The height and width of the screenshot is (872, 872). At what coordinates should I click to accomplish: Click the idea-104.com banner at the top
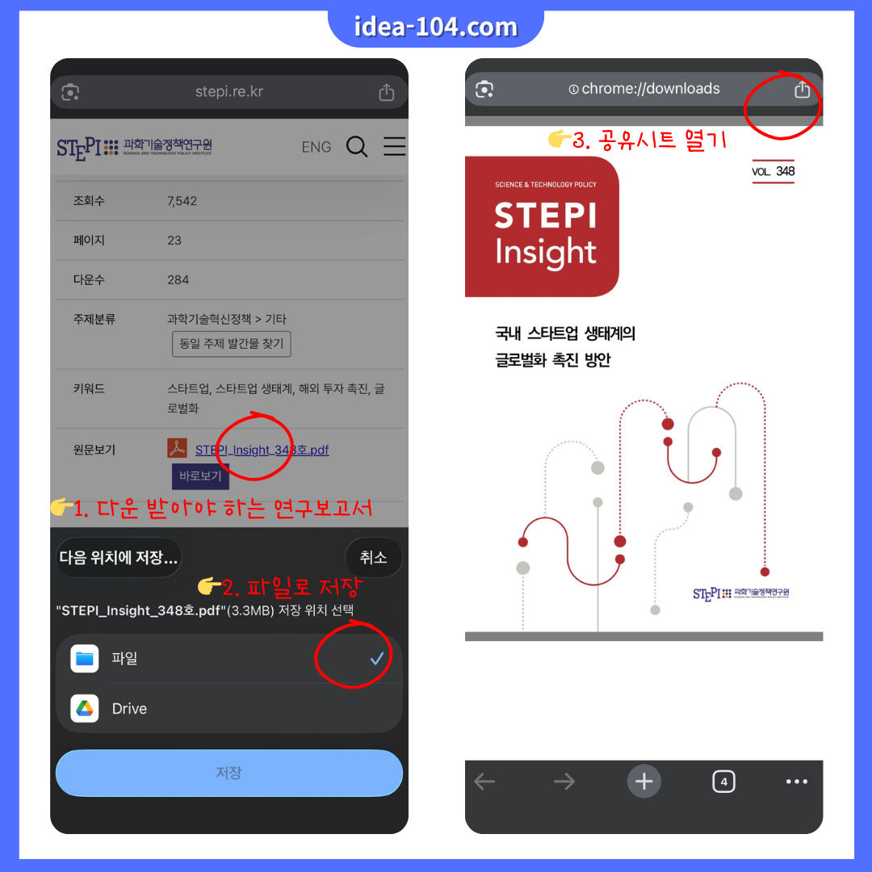[x=436, y=27]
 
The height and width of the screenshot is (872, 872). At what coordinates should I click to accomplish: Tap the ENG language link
[x=317, y=147]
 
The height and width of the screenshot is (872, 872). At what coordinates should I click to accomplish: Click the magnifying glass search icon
[x=357, y=146]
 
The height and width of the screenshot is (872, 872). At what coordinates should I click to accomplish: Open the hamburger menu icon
[x=394, y=146]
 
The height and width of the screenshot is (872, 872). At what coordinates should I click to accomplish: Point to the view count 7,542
[x=182, y=201]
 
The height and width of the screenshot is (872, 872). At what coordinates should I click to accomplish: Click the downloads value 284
[x=178, y=280]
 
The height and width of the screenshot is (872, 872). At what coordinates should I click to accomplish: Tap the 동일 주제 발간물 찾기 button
[x=231, y=343]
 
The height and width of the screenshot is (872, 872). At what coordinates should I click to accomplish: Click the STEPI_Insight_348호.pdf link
[x=262, y=450]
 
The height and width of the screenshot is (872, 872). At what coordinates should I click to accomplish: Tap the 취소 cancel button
[x=373, y=557]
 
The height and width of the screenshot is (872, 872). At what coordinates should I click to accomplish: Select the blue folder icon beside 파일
[x=85, y=659]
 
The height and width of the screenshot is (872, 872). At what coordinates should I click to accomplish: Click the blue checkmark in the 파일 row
[x=376, y=659]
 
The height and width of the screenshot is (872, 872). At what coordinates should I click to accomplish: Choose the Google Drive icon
[x=85, y=709]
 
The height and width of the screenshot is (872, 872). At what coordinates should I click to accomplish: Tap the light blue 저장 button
[x=228, y=773]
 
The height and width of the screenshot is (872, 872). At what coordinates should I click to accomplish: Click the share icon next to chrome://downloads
[x=801, y=90]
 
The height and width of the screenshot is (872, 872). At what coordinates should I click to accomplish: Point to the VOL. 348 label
[x=773, y=171]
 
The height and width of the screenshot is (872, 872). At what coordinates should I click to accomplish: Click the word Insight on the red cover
[x=546, y=253]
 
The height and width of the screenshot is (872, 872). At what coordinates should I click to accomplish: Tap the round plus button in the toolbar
[x=644, y=781]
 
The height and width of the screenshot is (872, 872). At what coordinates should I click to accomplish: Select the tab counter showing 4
[x=723, y=781]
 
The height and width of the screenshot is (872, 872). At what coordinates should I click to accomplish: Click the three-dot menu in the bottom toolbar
[x=796, y=781]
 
